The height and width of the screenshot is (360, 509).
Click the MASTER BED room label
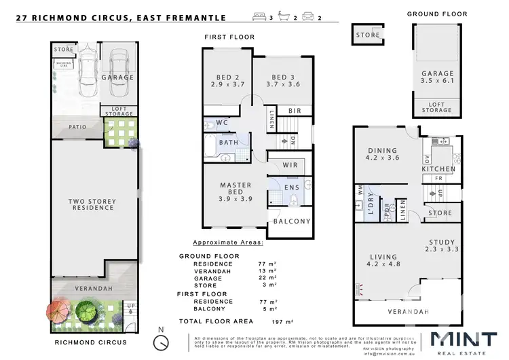tap(235, 190)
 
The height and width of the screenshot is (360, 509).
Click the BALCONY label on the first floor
tap(291, 221)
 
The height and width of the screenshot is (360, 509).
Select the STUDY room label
tap(443, 246)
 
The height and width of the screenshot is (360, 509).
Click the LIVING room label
tap(382, 262)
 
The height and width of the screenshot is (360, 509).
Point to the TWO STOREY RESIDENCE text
tap(93, 204)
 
